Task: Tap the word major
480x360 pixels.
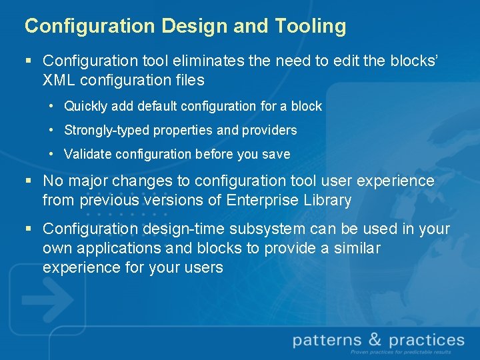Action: click(89, 181)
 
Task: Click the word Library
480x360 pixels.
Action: click(327, 200)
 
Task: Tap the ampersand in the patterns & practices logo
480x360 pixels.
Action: click(375, 341)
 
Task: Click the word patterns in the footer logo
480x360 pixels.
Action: click(328, 341)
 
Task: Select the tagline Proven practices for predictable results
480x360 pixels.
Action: click(400, 352)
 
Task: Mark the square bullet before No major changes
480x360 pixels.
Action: click(28, 181)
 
